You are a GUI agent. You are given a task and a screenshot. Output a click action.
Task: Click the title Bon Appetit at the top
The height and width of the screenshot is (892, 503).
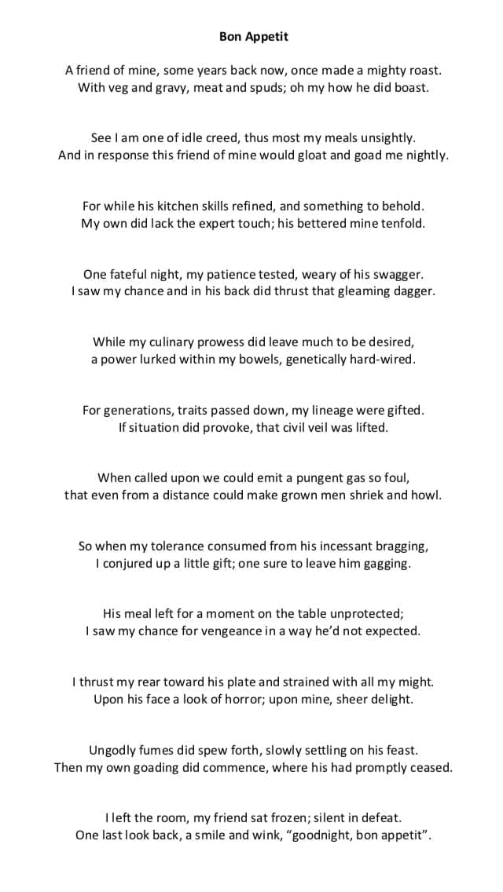pos(253,36)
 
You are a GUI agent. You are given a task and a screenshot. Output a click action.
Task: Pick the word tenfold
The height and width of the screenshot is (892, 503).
pos(399,223)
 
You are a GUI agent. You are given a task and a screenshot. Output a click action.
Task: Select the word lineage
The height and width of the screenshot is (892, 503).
pos(332,410)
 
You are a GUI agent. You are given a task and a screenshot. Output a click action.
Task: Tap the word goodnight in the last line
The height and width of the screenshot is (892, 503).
pos(321,835)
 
